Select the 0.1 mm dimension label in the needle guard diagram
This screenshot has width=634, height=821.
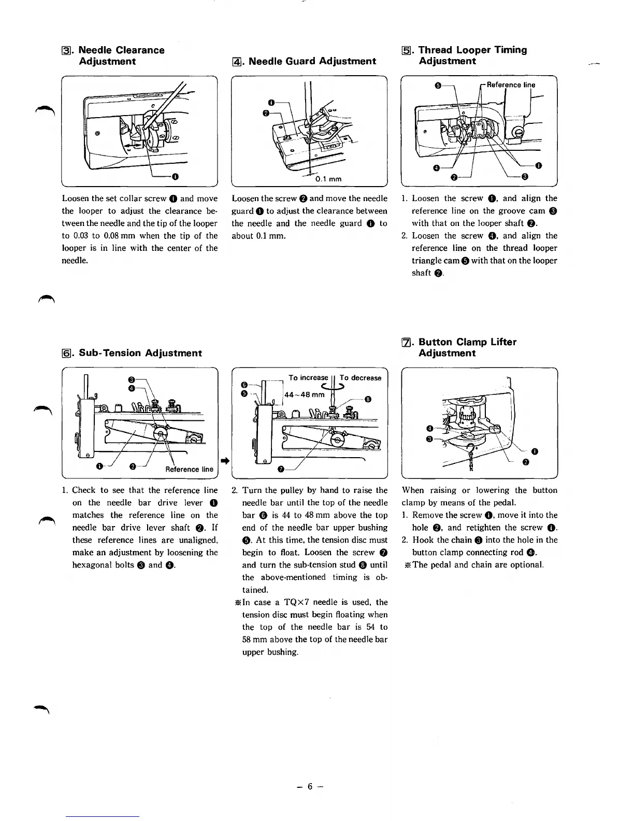click(x=328, y=179)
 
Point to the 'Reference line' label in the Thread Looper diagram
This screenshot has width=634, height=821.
click(x=511, y=85)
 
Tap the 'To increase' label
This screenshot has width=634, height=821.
click(x=308, y=378)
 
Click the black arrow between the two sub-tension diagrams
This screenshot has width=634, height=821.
click(x=225, y=460)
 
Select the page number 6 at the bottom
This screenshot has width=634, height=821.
click(x=310, y=786)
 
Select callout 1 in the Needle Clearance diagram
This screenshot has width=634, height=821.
click(x=175, y=177)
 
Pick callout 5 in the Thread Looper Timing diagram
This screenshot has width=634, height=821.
click(x=438, y=86)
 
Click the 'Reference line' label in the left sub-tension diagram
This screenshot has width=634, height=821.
click(x=189, y=469)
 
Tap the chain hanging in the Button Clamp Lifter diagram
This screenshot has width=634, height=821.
click(x=471, y=459)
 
